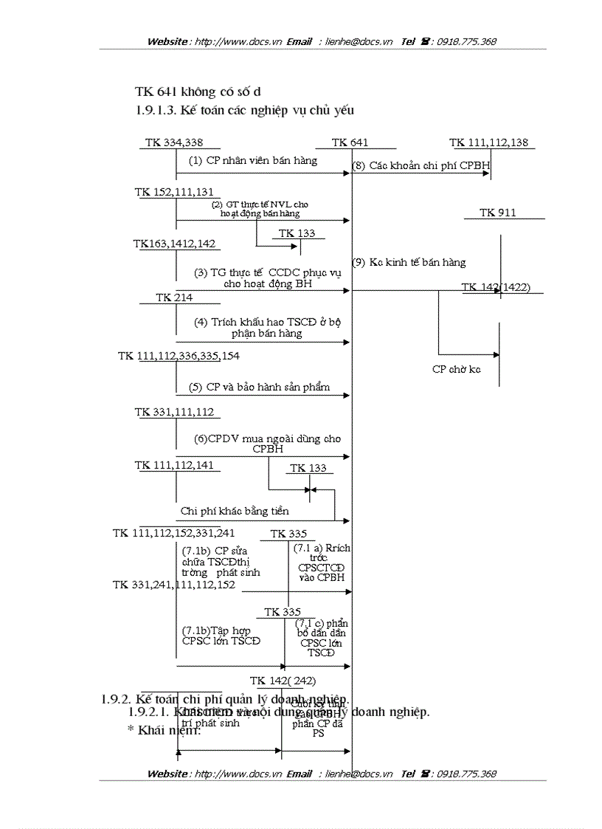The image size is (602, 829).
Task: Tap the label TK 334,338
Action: (174, 142)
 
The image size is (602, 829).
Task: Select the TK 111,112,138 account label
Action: (488, 142)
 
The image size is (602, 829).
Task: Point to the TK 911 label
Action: (498, 213)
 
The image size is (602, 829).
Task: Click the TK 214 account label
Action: (174, 297)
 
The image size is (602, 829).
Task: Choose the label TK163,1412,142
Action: (175, 243)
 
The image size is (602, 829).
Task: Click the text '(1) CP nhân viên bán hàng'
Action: (253, 160)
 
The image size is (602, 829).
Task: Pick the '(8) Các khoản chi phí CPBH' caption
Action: (421, 166)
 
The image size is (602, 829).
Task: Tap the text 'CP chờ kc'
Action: (456, 369)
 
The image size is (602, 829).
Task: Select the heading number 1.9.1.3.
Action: (156, 111)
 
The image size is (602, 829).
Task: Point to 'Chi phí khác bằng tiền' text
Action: (235, 511)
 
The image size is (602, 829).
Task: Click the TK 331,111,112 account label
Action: (174, 412)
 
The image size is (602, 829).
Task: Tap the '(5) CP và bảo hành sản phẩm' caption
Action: (259, 387)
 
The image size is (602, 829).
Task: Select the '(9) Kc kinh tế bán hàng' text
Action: (409, 262)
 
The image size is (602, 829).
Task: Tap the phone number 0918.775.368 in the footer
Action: (466, 774)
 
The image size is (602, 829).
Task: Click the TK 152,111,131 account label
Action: (174, 192)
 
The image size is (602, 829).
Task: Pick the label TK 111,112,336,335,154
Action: (179, 356)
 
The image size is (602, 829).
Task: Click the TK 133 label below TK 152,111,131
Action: (297, 233)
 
